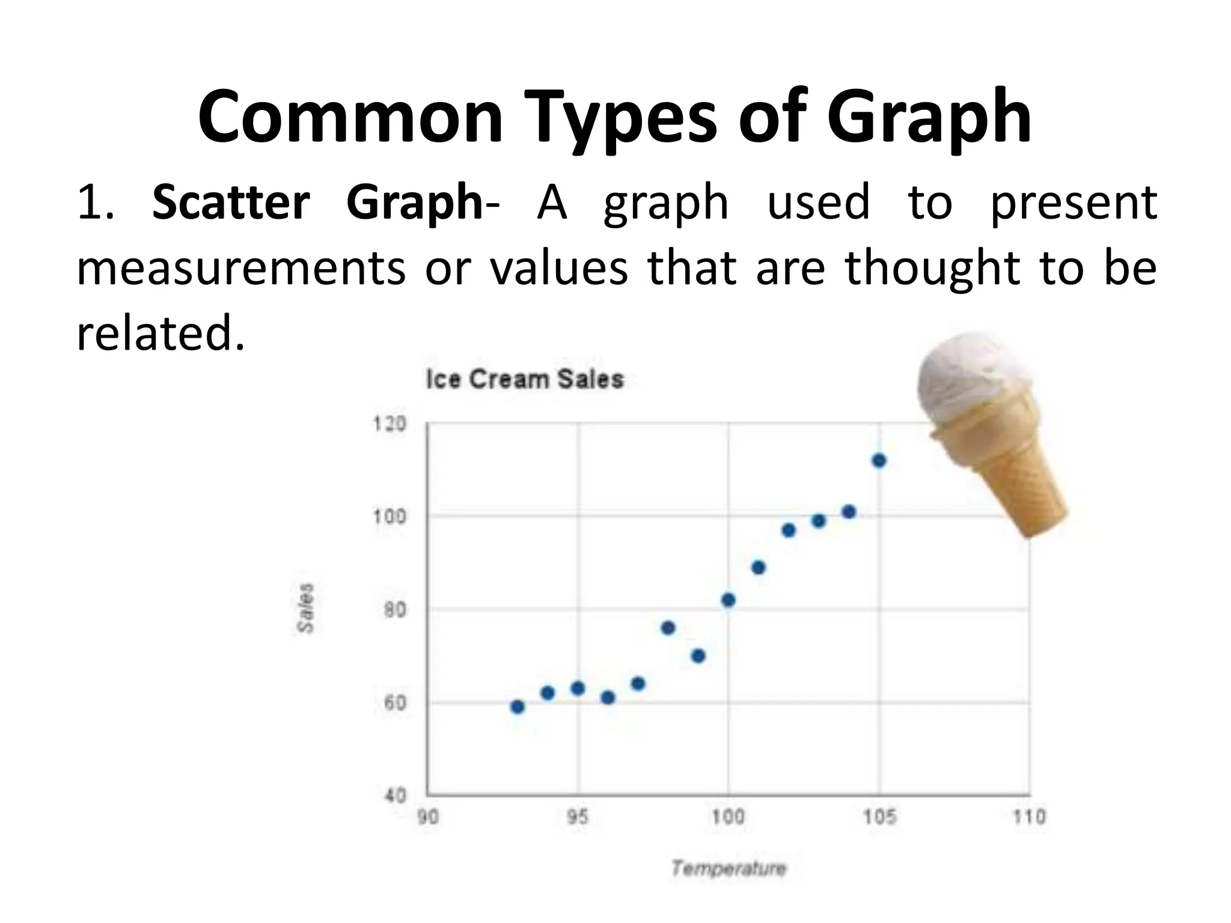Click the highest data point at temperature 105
879,461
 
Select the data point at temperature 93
517,707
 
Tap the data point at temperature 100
728,600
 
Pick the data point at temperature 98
668,628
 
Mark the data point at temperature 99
698,656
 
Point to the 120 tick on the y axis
389,424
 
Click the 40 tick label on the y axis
395,796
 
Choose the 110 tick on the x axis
1030,817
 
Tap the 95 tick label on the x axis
578,817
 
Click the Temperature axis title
728,868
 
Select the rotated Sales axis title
306,608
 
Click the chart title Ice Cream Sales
525,379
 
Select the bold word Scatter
231,202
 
